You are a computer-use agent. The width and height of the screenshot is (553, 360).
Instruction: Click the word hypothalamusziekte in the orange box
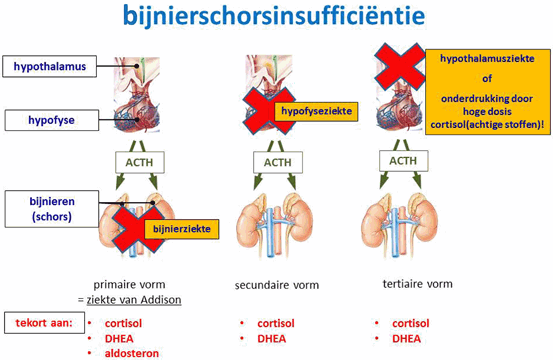pyautogui.click(x=486, y=61)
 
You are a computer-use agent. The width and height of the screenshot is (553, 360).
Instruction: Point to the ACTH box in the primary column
pyautogui.click(x=137, y=163)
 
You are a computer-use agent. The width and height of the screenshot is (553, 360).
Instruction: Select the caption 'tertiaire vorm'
pyautogui.click(x=417, y=284)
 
